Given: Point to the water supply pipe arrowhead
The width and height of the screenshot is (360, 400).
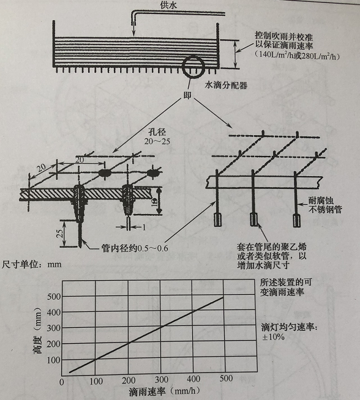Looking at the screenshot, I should click(x=133, y=24).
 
